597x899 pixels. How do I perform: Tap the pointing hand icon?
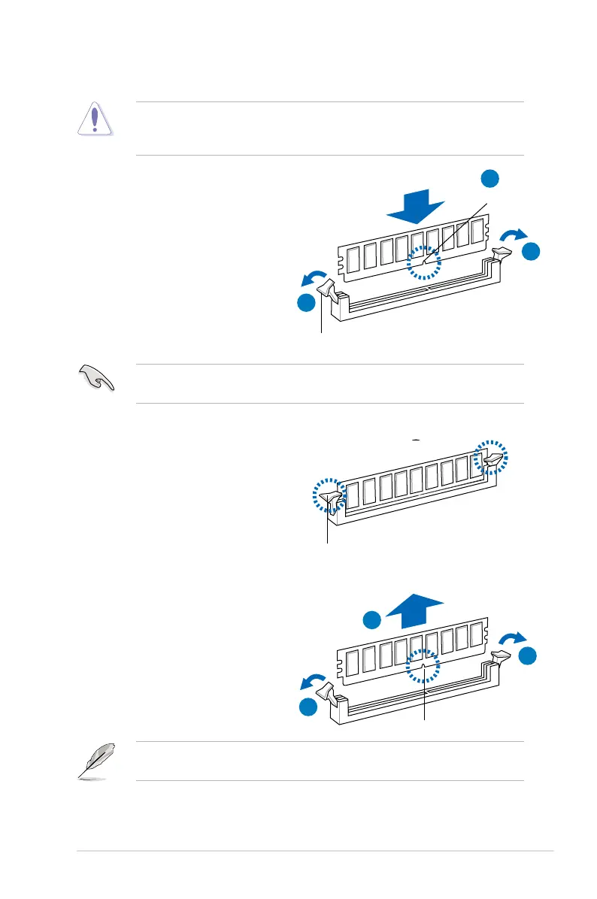(x=97, y=379)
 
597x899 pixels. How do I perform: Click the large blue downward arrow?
(x=417, y=207)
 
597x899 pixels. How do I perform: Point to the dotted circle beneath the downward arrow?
(x=425, y=264)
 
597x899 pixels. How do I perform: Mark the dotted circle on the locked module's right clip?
(x=492, y=458)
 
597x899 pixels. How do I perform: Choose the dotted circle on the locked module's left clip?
(x=329, y=495)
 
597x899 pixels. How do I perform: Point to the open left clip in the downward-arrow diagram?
(x=329, y=289)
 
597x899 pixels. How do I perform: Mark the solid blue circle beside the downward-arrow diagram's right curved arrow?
(x=531, y=253)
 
